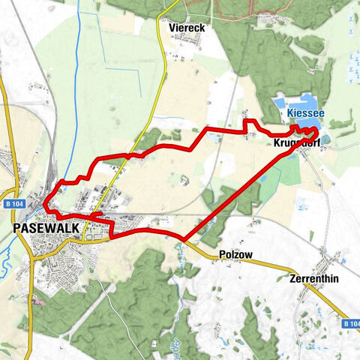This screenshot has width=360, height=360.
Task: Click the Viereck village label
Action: [187, 27]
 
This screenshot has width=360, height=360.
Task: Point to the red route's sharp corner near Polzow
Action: [181, 241]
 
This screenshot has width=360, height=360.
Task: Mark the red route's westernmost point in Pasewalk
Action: [44, 205]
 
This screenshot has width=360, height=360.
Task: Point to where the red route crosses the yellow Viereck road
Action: [135, 154]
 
